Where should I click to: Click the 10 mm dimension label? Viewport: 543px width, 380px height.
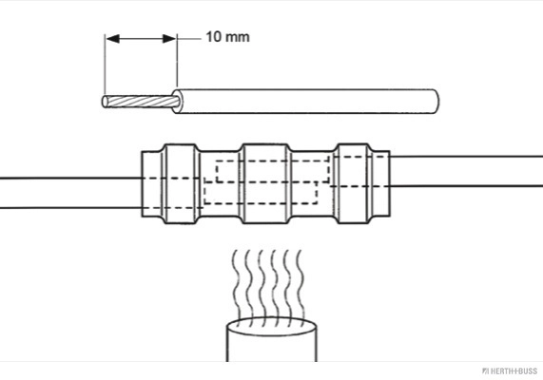227,37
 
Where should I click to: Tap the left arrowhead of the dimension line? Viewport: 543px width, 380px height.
112,38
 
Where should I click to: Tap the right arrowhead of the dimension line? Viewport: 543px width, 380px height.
169,38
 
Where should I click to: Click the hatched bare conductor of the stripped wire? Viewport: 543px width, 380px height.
142,102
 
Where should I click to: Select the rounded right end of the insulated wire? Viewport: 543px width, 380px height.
436,102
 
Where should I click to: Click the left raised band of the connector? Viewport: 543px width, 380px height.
181,183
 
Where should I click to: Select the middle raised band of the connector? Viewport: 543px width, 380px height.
265,183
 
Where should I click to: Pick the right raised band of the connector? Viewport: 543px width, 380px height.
354,183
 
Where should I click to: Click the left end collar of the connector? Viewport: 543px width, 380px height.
152,183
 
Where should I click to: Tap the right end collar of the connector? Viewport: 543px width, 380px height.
381,183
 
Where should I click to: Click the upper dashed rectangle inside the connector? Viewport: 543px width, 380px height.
273,171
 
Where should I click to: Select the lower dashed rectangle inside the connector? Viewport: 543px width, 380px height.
261,193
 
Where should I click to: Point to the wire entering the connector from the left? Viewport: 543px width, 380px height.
70,193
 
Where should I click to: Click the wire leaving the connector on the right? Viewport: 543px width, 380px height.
467,171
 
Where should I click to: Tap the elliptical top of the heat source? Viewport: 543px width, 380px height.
272,327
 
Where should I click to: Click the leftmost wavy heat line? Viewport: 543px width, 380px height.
237,284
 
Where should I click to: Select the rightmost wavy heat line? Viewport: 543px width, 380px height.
301,284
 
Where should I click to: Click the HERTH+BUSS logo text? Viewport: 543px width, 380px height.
510,371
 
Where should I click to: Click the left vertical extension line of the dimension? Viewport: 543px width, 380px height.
105,66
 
